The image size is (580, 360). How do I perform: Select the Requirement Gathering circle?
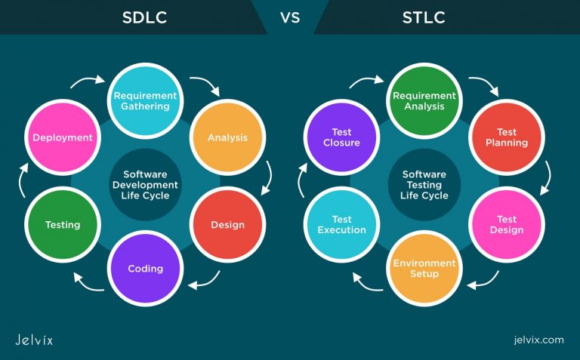pyautogui.click(x=145, y=101)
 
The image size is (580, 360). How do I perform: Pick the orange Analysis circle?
pyautogui.click(x=227, y=137)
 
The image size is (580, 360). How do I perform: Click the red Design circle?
pyautogui.click(x=227, y=224)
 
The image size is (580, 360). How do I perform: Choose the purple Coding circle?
pyautogui.click(x=145, y=269)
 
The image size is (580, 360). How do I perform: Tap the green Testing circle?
pyautogui.click(x=62, y=224)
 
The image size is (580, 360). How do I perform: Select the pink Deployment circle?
pyautogui.click(x=62, y=137)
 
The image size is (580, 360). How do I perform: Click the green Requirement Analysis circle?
pyautogui.click(x=424, y=101)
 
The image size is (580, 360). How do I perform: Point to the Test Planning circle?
pyautogui.click(x=507, y=137)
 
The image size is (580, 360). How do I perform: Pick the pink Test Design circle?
pyautogui.click(x=507, y=224)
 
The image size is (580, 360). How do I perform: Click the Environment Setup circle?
pyautogui.click(x=424, y=269)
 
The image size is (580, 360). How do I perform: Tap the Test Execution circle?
pyautogui.click(x=341, y=224)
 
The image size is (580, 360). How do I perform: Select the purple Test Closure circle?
pyautogui.click(x=341, y=137)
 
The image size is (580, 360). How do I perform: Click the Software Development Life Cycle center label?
pyautogui.click(x=145, y=185)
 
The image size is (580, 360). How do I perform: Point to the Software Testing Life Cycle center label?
pyautogui.click(x=424, y=185)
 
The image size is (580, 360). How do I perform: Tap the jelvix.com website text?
pyautogui.click(x=537, y=340)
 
